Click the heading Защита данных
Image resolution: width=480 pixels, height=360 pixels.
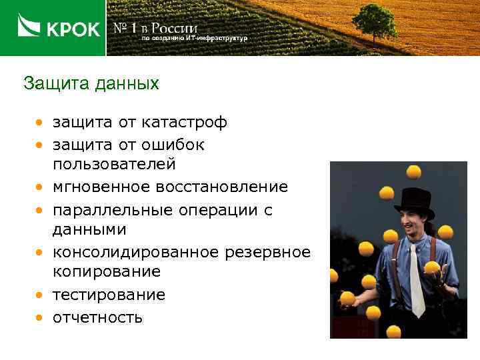coord(91,84)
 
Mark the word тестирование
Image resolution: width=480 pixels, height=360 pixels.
coord(109,295)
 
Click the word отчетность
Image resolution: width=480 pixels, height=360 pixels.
coord(98,317)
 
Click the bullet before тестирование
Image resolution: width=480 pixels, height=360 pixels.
coord(41,295)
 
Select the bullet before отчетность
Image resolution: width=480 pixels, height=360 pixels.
coord(41,317)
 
